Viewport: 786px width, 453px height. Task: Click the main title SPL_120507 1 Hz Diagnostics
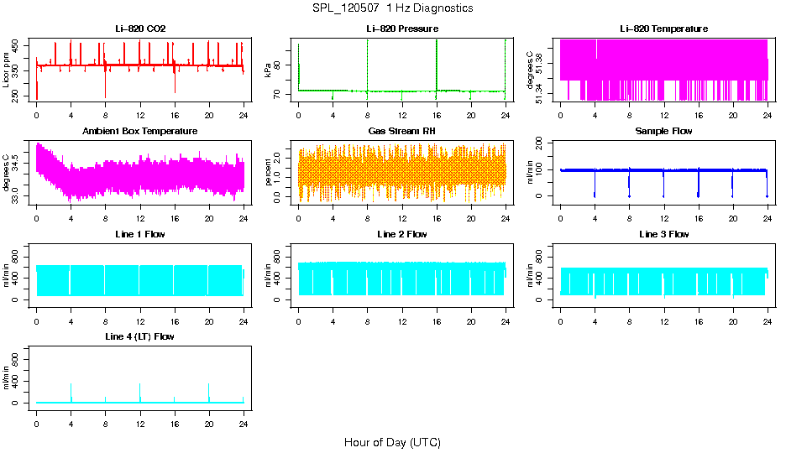point(392,8)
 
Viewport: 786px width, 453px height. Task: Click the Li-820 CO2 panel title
point(140,29)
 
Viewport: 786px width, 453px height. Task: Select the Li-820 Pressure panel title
point(401,29)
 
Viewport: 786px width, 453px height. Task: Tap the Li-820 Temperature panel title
point(663,29)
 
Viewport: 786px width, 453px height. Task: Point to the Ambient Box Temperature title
point(140,131)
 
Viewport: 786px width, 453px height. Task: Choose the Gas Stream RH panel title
point(401,131)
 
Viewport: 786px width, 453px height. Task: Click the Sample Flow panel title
point(663,131)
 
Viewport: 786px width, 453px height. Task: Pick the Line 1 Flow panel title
point(140,234)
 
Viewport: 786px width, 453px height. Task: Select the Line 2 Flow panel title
point(401,234)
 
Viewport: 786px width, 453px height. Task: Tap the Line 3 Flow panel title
point(663,234)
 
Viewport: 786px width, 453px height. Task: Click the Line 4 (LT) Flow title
point(140,336)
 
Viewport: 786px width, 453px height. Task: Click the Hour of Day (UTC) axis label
point(392,442)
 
